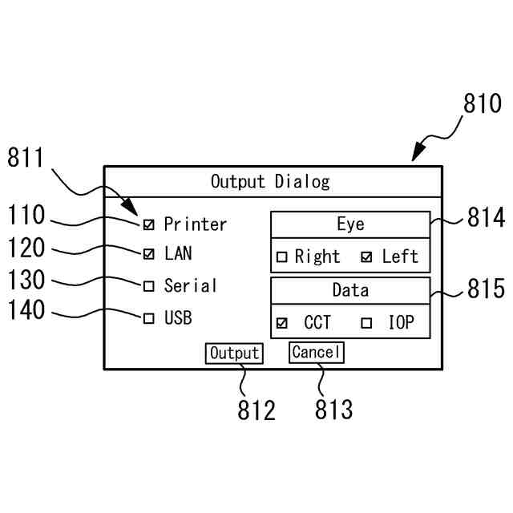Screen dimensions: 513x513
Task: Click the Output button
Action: tap(234, 353)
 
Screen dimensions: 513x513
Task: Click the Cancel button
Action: tap(316, 353)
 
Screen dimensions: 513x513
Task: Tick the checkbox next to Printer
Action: tap(149, 224)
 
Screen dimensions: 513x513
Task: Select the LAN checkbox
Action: tap(149, 255)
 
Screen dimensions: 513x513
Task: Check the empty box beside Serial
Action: tap(149, 286)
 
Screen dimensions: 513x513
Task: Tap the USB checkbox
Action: tap(149, 318)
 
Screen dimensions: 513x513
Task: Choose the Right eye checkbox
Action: tap(282, 257)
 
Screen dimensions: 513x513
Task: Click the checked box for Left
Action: tap(367, 257)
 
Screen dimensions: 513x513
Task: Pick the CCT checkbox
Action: tap(282, 324)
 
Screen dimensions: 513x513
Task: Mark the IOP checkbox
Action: tap(367, 324)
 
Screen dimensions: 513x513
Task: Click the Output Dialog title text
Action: tap(270, 182)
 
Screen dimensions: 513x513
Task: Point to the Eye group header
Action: tap(350, 224)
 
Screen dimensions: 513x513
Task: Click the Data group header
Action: tap(350, 290)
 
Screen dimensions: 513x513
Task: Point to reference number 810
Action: tap(483, 105)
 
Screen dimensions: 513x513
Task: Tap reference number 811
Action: tap(28, 158)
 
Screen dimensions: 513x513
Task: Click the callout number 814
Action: tap(486, 218)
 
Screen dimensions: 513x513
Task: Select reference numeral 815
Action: tap(486, 289)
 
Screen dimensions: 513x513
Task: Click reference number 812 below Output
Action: tap(256, 410)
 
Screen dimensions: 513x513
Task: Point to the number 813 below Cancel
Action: tap(333, 410)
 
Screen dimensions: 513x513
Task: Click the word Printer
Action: tap(196, 224)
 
